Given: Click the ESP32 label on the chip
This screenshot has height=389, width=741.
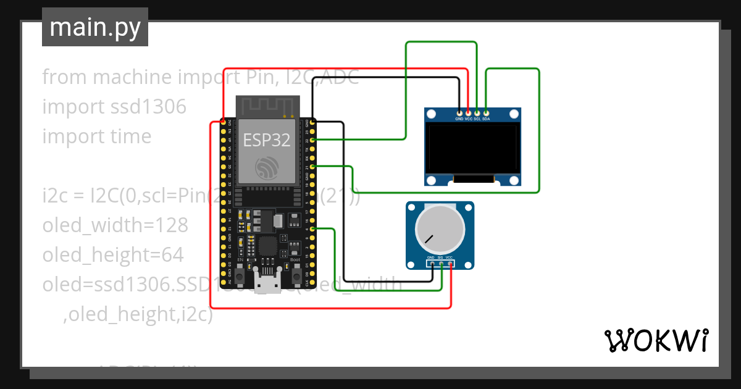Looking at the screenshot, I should click(266, 140).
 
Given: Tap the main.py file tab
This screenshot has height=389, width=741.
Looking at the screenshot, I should click(94, 27).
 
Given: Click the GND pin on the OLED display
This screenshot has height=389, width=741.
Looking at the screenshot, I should click(459, 112).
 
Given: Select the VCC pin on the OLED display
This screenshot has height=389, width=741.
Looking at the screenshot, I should click(468, 112).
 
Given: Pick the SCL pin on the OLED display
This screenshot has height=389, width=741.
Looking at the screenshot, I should click(477, 112).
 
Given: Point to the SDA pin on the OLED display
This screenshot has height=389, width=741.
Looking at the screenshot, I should click(487, 112).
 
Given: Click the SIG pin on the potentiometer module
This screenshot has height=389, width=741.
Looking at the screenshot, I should click(441, 264).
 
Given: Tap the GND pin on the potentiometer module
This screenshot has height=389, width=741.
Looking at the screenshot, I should click(432, 264).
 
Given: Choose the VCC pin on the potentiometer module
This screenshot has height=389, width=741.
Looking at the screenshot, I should click(450, 264).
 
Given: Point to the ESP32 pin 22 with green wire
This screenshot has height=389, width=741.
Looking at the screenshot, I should click(313, 140).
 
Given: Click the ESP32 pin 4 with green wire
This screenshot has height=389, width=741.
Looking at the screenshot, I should click(313, 229).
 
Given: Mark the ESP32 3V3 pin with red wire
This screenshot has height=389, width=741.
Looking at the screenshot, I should click(222, 122).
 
